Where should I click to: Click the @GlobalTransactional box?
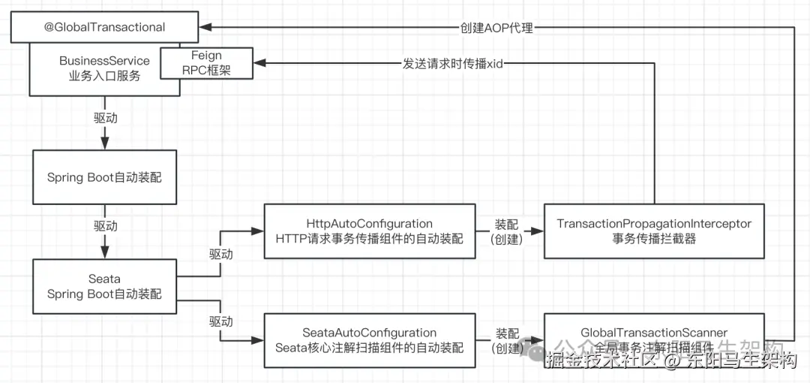[x=104, y=27]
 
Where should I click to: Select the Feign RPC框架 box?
[x=207, y=63]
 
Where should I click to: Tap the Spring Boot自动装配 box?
[x=104, y=178]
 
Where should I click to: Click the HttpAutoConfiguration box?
[x=369, y=232]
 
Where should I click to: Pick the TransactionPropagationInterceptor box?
[x=654, y=232]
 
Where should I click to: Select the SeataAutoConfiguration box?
[x=369, y=340]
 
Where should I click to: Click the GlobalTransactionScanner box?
[x=654, y=340]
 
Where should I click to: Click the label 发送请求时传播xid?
[x=452, y=64]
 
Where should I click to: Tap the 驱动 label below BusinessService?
[x=105, y=118]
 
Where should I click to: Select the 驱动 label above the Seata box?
[x=105, y=225]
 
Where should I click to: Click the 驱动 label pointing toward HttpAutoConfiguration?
[x=220, y=254]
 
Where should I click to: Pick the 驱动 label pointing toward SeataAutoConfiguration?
[x=220, y=321]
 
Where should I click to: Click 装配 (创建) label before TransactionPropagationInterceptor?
[x=507, y=232]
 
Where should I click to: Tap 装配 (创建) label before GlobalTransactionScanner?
[x=507, y=340]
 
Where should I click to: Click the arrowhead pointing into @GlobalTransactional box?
[x=208, y=27]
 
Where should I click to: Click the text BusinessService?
[x=104, y=61]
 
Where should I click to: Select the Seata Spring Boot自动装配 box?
[x=104, y=286]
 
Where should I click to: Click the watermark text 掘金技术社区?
[x=600, y=361]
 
